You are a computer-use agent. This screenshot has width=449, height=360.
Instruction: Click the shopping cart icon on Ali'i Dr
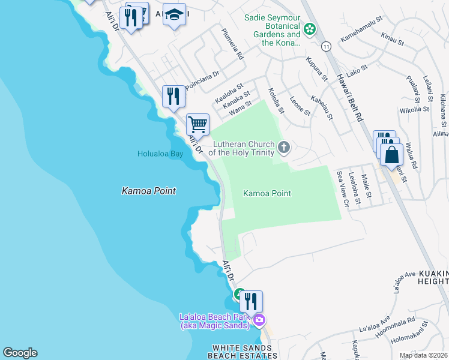197,125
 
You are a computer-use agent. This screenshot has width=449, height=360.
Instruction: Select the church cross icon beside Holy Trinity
283,146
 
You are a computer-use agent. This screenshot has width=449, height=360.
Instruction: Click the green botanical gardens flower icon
309,28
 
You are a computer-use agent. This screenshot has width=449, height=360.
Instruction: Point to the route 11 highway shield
326,46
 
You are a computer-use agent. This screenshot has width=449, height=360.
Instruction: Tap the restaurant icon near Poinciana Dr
173,95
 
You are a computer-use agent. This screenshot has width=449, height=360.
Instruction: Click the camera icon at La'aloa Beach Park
259,319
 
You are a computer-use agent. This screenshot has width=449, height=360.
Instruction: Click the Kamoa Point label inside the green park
267,193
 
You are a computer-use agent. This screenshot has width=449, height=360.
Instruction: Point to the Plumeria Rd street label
232,44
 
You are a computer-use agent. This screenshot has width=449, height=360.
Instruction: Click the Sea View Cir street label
343,188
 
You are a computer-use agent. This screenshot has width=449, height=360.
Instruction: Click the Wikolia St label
414,110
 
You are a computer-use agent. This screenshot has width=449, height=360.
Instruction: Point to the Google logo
20,353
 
